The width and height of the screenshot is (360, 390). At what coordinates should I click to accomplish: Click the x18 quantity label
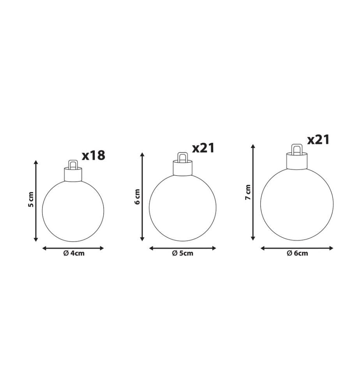(x=94, y=155)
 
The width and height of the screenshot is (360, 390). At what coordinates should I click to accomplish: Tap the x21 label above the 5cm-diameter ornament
(x=203, y=148)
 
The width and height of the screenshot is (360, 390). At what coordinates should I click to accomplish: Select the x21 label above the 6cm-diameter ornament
(x=318, y=140)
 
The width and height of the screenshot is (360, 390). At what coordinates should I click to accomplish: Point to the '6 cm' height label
(x=137, y=197)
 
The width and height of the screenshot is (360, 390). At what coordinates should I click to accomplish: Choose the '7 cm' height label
(x=248, y=192)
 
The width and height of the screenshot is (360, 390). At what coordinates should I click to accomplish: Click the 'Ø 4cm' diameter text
(x=74, y=253)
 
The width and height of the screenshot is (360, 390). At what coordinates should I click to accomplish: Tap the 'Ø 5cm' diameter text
(x=183, y=253)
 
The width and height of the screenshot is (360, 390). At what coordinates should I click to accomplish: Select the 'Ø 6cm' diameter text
(x=297, y=253)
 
